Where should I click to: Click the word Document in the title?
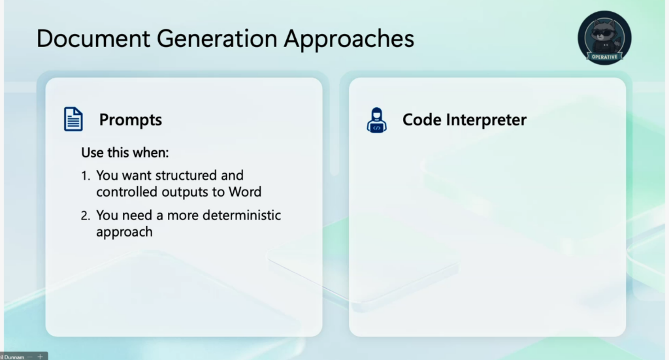point(93,39)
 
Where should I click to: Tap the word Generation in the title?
point(217,39)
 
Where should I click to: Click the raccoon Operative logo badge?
point(604,38)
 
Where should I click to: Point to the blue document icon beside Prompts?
point(73,119)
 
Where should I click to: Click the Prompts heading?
point(131,120)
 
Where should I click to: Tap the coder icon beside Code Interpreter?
point(376,120)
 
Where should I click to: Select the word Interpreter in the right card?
point(486,120)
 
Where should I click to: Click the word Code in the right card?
point(421,120)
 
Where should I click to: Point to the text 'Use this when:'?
point(125,153)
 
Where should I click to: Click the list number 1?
point(86,176)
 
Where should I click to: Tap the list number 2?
point(86,216)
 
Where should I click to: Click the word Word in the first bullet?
point(245,192)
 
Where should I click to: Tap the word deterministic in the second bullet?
point(242,215)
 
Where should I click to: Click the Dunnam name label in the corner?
point(13,357)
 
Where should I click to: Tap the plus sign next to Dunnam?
point(40,357)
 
